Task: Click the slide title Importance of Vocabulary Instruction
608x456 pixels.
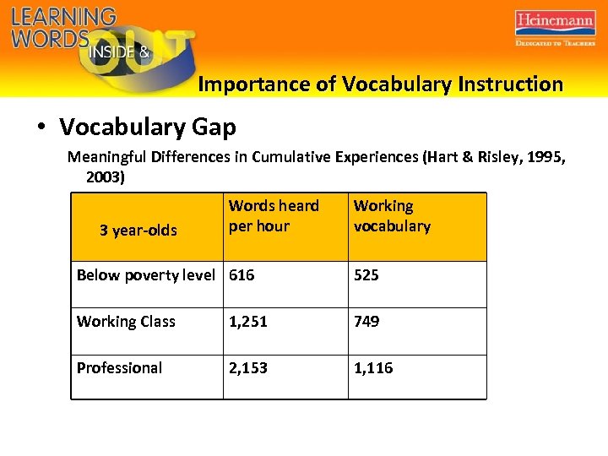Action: [x=380, y=84]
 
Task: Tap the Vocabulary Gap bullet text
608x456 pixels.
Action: [x=148, y=128]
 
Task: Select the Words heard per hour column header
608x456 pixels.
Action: [x=274, y=216]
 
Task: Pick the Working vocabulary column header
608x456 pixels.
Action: [x=392, y=216]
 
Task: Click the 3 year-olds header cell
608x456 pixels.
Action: [x=138, y=231]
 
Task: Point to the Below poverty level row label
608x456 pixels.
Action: [x=145, y=275]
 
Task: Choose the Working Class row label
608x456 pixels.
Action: [x=126, y=322]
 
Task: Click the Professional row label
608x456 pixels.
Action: [x=119, y=368]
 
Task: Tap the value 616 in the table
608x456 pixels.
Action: [x=242, y=275]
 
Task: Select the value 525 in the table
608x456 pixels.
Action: [x=366, y=275]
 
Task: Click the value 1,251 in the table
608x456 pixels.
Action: [x=248, y=322]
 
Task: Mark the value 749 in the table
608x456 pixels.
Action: [x=366, y=322]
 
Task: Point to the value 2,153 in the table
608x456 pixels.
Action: [x=248, y=368]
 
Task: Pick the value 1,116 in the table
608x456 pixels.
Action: [x=373, y=368]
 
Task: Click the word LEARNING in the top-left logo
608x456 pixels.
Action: [x=63, y=17]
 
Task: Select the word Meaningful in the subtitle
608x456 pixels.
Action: [x=109, y=157]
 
